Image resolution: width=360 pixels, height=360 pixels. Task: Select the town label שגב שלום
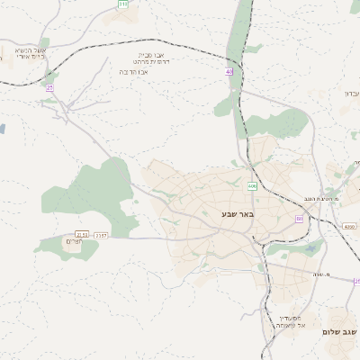340,332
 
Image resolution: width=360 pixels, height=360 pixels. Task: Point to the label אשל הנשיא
31,50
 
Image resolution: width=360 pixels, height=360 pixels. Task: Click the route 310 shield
122,4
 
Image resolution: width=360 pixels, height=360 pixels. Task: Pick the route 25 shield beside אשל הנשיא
49,87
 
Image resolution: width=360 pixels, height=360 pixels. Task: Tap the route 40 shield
229,71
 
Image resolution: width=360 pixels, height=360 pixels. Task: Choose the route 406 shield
252,186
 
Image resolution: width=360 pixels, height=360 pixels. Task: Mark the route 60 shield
299,219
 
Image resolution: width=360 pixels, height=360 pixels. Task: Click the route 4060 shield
349,227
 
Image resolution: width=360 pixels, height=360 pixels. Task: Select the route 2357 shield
100,235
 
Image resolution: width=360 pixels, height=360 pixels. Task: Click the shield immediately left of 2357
83,235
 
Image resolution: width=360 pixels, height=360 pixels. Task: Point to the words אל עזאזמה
288,325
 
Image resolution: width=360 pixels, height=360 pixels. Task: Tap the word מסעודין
288,317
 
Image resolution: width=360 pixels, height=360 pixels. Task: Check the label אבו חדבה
135,71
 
